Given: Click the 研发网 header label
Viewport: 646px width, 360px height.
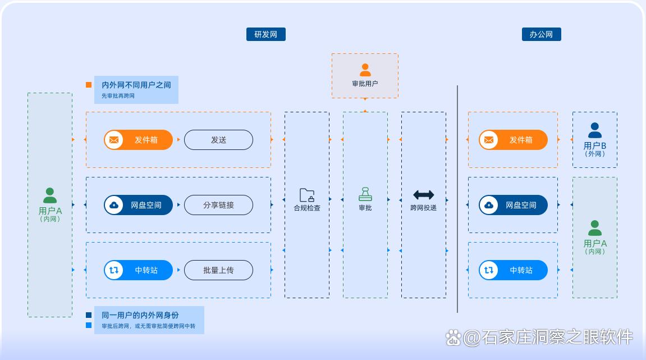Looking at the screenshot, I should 265,34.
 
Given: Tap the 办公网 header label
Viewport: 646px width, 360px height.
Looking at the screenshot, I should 541,34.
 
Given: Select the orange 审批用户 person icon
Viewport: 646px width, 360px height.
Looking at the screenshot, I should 365,70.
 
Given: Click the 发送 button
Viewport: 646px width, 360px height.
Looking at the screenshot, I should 218,140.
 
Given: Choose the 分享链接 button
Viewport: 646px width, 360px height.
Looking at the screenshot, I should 218,205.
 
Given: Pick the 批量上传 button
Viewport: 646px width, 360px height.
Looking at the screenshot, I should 218,270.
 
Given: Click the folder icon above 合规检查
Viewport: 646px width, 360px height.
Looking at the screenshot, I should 307,195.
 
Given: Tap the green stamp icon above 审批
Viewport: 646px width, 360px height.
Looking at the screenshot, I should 365,194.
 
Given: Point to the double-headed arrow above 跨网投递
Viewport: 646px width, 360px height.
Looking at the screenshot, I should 423,195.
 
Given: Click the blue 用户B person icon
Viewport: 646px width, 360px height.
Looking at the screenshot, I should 595,131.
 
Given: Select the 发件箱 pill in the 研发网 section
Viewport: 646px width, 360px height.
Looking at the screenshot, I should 138,140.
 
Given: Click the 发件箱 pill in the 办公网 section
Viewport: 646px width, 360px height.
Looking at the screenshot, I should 513,140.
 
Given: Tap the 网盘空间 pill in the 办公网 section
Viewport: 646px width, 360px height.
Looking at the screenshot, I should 513,205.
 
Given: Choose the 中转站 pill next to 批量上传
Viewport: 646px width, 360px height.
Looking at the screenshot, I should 138,270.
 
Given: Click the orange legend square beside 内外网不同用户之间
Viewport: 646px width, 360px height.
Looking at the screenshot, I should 89,85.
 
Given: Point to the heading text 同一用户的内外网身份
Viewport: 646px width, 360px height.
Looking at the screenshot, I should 140,315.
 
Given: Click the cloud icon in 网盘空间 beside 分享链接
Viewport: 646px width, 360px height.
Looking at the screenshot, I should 114,205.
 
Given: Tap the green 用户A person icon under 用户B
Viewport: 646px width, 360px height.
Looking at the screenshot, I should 595,229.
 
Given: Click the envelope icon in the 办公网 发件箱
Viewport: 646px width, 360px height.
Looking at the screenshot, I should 489,140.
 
